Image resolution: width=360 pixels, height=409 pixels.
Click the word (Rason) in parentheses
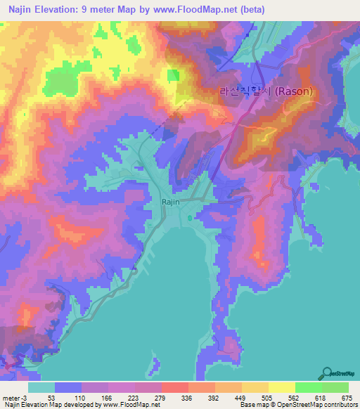tap(292, 91)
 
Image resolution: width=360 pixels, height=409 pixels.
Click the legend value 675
tap(345, 398)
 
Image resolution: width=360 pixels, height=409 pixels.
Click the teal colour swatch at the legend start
tap(41, 387)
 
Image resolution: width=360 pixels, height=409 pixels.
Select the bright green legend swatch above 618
tap(308, 387)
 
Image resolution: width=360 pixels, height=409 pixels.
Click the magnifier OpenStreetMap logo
tap(328, 374)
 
